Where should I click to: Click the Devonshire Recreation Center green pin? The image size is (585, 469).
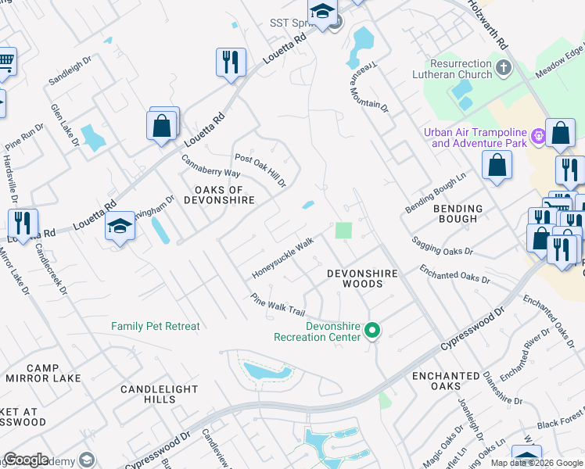pyautogui.click(x=373, y=331)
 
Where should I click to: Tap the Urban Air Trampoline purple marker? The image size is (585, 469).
pyautogui.click(x=538, y=137)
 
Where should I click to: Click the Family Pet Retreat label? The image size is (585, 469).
pyautogui.click(x=156, y=326)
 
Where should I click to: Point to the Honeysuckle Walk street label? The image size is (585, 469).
pyautogui.click(x=282, y=259)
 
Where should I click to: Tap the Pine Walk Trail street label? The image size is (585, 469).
pyautogui.click(x=277, y=304)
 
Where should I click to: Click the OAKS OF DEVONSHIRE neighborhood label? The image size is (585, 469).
pyautogui.click(x=219, y=195)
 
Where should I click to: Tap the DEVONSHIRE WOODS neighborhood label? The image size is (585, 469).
pyautogui.click(x=363, y=278)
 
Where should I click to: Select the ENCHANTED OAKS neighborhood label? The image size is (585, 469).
pyautogui.click(x=446, y=381)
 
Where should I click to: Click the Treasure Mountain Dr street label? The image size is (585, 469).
pyautogui.click(x=368, y=87)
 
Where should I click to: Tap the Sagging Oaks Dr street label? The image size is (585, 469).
pyautogui.click(x=442, y=242)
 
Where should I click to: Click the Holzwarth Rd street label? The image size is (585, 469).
pyautogui.click(x=488, y=21)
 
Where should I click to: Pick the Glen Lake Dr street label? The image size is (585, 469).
pyautogui.click(x=65, y=125)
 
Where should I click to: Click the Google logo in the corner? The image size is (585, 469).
pyautogui.click(x=26, y=460)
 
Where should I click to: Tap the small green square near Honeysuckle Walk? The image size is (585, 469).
pyautogui.click(x=343, y=231)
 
